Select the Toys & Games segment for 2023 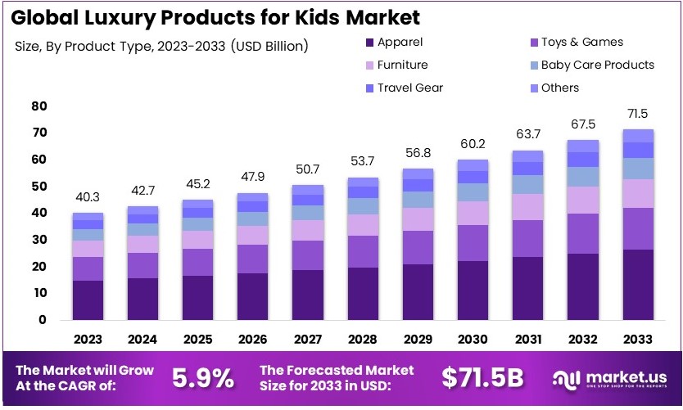(x=88, y=268)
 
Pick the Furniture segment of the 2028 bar (x=364, y=225)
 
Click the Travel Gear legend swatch (x=369, y=88)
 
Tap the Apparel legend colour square (x=369, y=43)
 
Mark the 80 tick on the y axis (x=38, y=106)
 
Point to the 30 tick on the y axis (x=38, y=240)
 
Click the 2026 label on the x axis (x=253, y=338)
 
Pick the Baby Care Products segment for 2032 (x=584, y=177)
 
